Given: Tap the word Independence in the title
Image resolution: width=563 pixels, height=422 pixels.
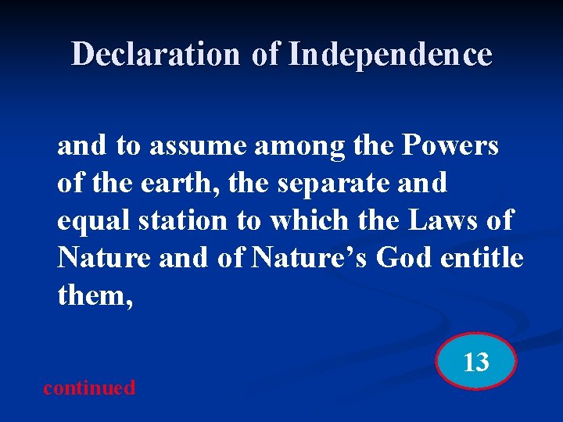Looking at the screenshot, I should tap(390, 55).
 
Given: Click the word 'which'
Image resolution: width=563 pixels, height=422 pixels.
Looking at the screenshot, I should tap(308, 221).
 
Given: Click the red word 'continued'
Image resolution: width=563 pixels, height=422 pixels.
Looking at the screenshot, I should tap(89, 388).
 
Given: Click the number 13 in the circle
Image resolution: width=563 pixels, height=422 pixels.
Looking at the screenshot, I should tap(476, 363).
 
